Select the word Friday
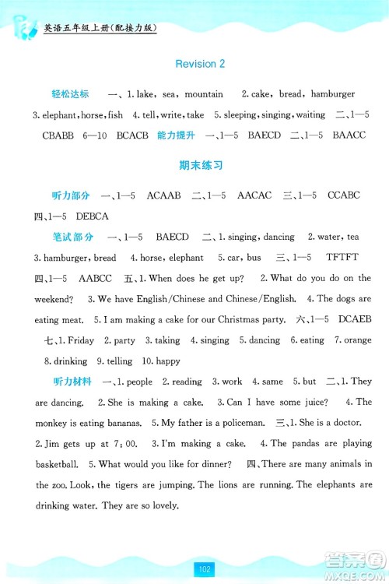tap(81, 340)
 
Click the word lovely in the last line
tap(166, 505)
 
